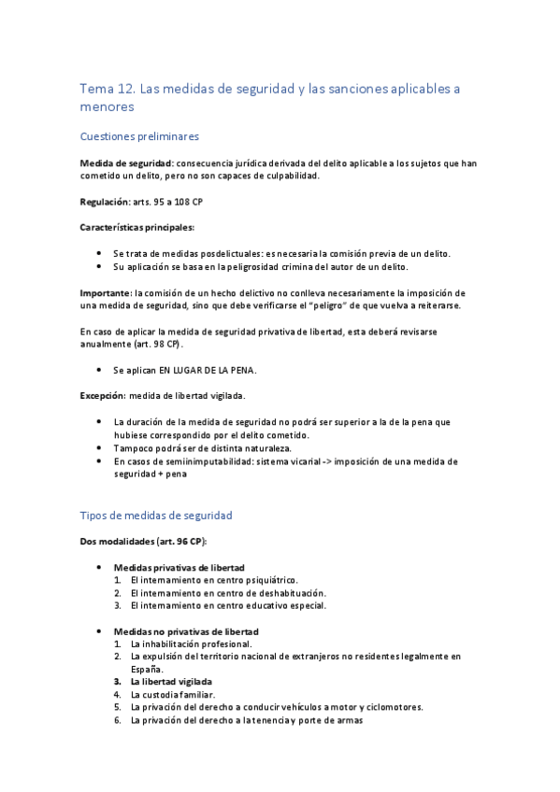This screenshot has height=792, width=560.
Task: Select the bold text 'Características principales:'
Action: (143, 227)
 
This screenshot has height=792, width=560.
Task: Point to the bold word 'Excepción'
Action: (103, 396)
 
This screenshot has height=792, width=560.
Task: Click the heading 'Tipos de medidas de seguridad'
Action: (156, 515)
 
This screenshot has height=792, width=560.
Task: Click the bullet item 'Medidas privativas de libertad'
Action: (179, 568)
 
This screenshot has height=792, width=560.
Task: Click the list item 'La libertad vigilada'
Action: (172, 682)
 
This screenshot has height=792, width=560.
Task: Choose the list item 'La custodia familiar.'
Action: (173, 695)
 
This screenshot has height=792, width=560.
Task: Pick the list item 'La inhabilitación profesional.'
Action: (192, 644)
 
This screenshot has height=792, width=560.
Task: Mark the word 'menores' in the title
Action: (108, 107)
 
